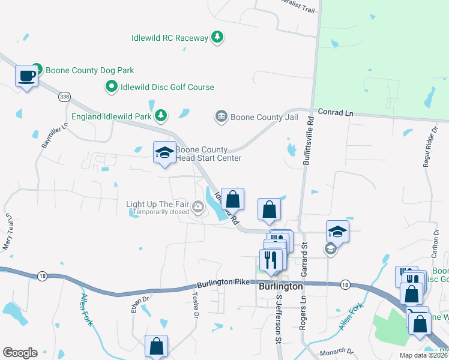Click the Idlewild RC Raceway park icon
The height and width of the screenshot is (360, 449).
217,38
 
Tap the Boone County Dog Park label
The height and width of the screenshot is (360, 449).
90,70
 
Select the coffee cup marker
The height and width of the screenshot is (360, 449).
26,76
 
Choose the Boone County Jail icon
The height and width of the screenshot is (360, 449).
221,116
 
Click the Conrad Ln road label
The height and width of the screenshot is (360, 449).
336,112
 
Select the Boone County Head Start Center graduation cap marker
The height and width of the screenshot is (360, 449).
164,152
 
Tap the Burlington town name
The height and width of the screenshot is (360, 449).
280,287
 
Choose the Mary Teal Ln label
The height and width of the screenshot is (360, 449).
7,231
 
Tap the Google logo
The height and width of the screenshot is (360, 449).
20,353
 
